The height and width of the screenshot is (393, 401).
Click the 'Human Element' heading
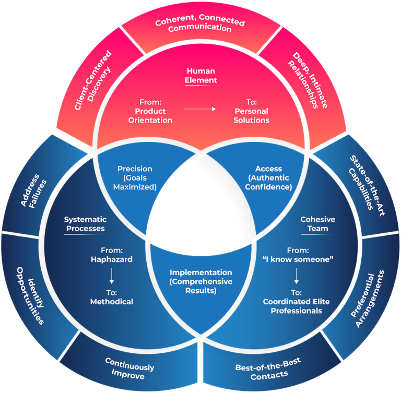(x=200, y=76)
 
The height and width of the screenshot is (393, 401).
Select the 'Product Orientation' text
(x=150, y=115)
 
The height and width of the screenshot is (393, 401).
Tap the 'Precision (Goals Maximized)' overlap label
(x=135, y=178)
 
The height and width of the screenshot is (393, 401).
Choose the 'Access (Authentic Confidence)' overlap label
(x=268, y=178)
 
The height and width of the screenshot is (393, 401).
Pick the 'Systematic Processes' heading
(x=85, y=224)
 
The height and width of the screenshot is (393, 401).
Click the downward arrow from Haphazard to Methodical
(x=111, y=276)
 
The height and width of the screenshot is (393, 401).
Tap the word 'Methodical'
(x=111, y=301)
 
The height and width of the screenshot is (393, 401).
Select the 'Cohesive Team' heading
(x=317, y=224)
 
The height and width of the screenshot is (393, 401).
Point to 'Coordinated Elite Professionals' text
(x=296, y=306)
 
